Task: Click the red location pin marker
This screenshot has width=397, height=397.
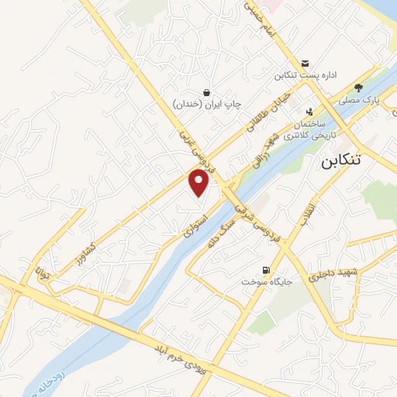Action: pyautogui.click(x=199, y=183)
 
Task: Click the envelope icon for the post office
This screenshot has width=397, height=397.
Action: pyautogui.click(x=305, y=64)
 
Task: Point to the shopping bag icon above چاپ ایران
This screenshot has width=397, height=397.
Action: pyautogui.click(x=206, y=91)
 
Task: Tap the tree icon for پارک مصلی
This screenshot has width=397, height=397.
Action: pyautogui.click(x=357, y=88)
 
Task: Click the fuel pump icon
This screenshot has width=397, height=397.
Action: pyautogui.click(x=267, y=271)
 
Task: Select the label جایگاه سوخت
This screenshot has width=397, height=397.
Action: pyautogui.click(x=266, y=282)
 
